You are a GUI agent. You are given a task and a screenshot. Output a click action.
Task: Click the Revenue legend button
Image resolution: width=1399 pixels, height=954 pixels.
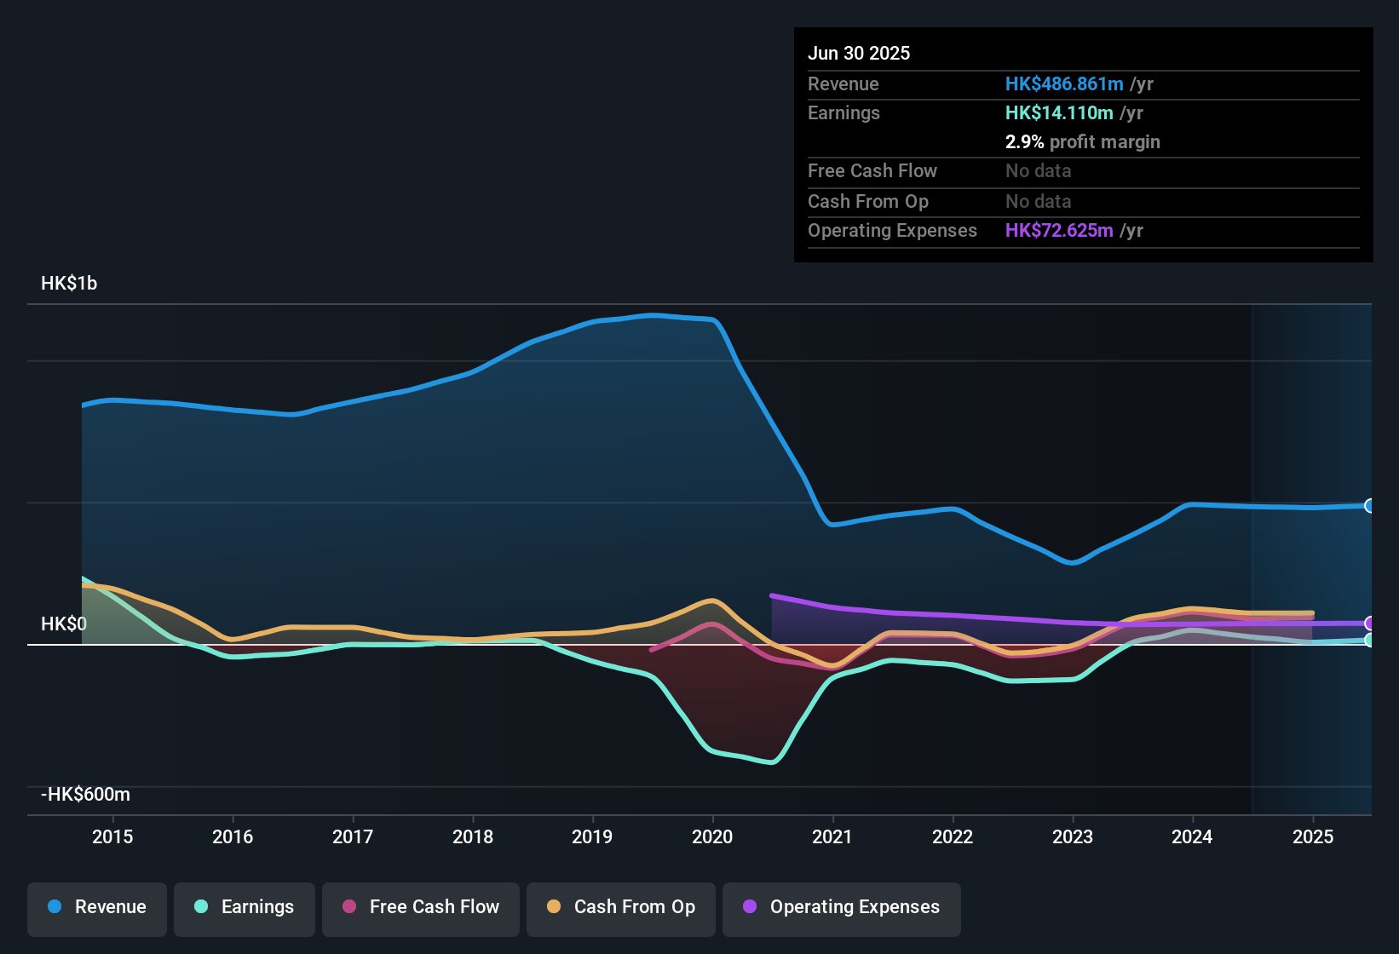pyautogui.click(x=97, y=907)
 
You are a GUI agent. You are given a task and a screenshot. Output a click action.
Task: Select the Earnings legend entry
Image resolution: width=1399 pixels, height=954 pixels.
pyautogui.click(x=244, y=907)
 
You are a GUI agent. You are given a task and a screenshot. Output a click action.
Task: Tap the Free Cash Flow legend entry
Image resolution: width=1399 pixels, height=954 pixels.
pyautogui.click(x=421, y=907)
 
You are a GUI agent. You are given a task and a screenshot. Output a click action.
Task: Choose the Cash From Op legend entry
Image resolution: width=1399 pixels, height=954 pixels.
pyautogui.click(x=621, y=907)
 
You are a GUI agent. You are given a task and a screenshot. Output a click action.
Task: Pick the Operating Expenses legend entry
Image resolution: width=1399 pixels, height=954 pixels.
pyautogui.click(x=842, y=907)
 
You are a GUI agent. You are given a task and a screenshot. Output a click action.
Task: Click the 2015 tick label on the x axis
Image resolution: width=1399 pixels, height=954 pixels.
pyautogui.click(x=112, y=837)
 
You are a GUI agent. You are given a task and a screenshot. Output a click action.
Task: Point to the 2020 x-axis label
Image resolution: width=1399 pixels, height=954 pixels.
pyautogui.click(x=712, y=837)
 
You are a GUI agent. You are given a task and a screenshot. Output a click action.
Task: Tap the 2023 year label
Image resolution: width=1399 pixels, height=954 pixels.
pyautogui.click(x=1073, y=837)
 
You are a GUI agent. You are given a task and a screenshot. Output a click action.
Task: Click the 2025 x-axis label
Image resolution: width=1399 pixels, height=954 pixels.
pyautogui.click(x=1313, y=837)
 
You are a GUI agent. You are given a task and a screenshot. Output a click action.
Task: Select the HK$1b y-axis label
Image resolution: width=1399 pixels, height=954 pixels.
pyautogui.click(x=69, y=284)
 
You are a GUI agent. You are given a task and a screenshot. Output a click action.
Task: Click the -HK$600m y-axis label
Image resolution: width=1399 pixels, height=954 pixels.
pyautogui.click(x=85, y=795)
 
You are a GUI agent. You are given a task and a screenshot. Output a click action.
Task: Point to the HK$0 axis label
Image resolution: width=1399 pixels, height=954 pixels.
pyautogui.click(x=64, y=624)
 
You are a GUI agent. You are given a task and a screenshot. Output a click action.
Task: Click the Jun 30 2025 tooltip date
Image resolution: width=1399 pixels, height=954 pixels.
pyautogui.click(x=859, y=54)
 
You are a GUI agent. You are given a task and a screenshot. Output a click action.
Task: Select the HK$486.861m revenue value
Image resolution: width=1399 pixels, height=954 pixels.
pyautogui.click(x=1064, y=84)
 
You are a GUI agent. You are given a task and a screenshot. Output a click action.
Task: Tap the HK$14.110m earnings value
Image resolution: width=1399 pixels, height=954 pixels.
pyautogui.click(x=1059, y=113)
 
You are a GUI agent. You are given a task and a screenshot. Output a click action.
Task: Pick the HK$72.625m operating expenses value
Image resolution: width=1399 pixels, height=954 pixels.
pyautogui.click(x=1059, y=231)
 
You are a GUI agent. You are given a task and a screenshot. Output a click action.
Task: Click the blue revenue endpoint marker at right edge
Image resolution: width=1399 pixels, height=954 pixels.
pyautogui.click(x=1369, y=506)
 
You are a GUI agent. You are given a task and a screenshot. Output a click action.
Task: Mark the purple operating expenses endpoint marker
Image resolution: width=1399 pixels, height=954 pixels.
pyautogui.click(x=1369, y=624)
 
